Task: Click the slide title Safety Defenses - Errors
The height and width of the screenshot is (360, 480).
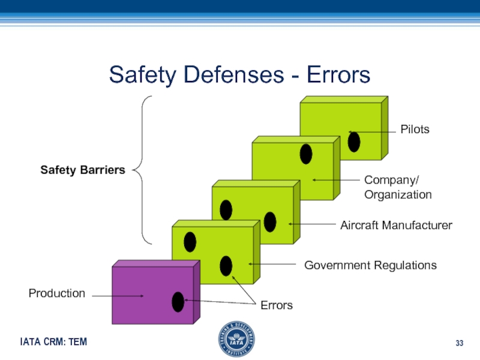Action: coord(239,75)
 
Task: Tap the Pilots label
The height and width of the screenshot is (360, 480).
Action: coord(415,129)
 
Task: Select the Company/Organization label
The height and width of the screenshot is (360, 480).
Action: coord(398,187)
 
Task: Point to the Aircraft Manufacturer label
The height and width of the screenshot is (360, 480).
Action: coord(396,225)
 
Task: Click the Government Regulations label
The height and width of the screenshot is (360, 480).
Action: coord(370,265)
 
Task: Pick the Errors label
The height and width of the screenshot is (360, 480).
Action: coord(276,305)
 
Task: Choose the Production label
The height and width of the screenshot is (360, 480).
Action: coord(57,293)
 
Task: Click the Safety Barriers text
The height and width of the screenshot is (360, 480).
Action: coord(83,170)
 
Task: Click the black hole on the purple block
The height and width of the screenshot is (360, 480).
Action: coord(178,301)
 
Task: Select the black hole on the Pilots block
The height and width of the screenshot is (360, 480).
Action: coord(354,142)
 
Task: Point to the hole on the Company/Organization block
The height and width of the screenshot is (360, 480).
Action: coord(306,154)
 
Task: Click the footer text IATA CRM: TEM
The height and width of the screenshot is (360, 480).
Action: coord(53,342)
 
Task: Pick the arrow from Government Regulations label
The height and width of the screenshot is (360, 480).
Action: coord(273,264)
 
